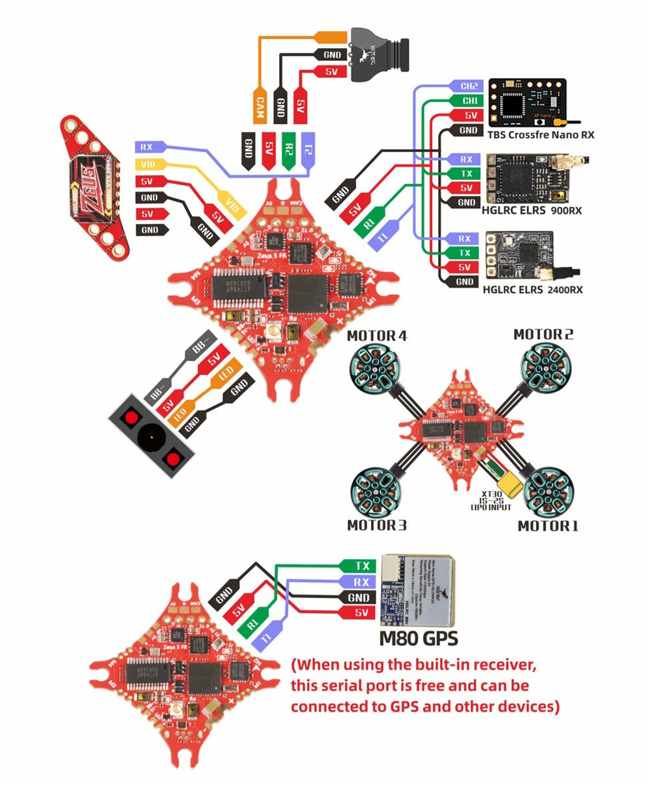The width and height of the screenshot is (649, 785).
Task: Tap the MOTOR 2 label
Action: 543,334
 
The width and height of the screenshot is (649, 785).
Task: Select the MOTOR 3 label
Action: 377,525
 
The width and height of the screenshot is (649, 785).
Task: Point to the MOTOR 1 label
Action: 548,525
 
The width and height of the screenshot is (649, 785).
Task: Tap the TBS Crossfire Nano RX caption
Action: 541,135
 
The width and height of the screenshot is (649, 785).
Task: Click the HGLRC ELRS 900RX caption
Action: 532,211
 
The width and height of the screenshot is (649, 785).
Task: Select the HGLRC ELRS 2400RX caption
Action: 532,289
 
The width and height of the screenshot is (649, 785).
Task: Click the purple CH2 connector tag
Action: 467,86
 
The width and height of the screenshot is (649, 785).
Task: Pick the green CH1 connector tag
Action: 467,101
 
